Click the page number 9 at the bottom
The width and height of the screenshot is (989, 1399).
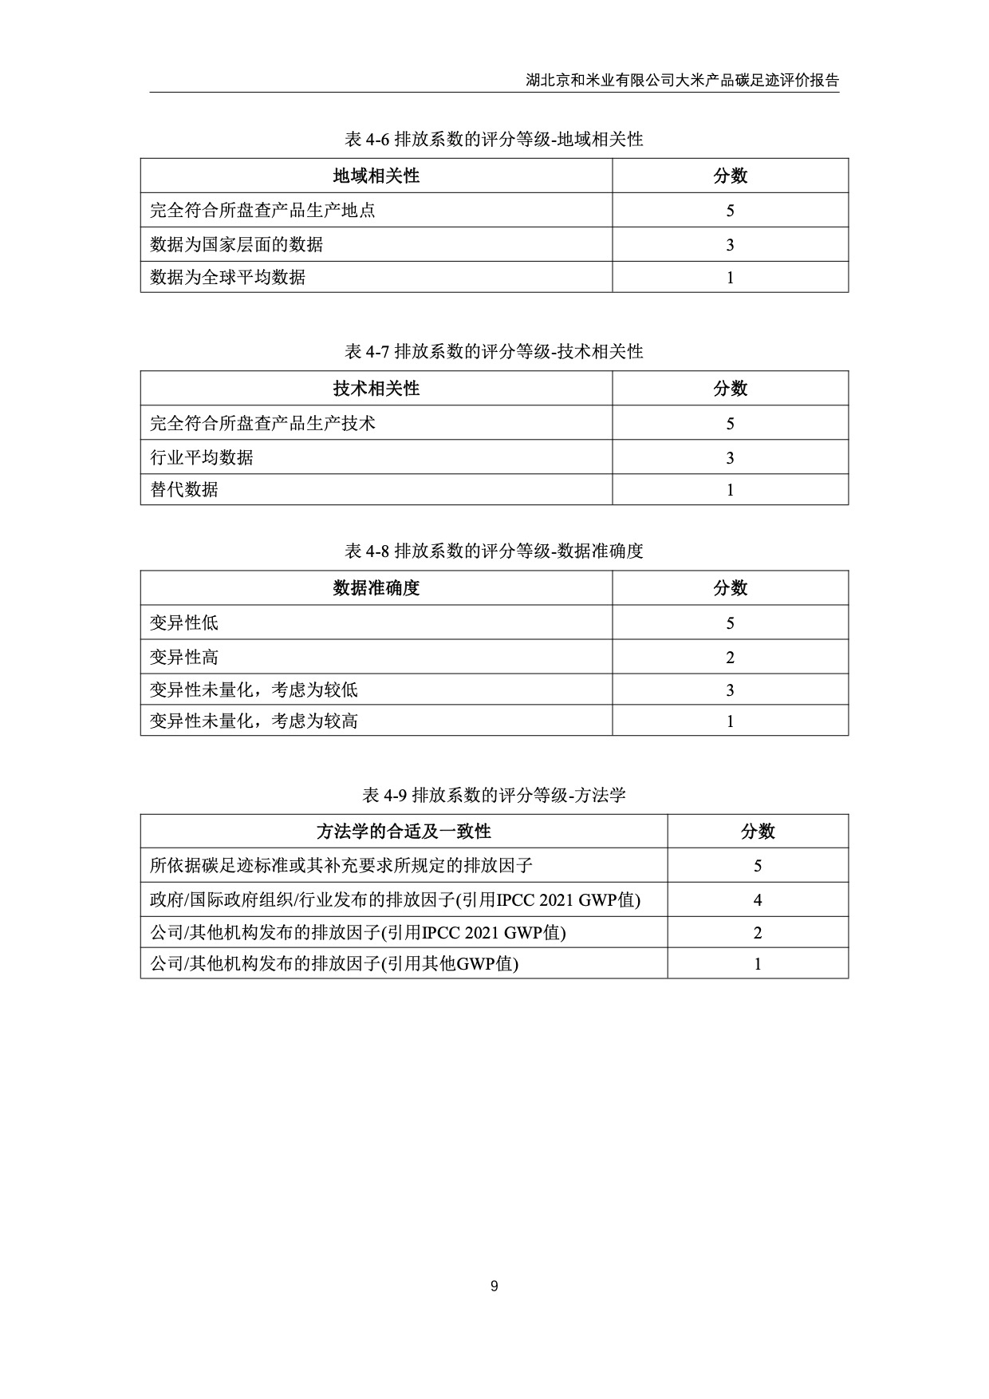click(x=494, y=1286)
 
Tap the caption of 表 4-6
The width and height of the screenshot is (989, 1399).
click(x=494, y=140)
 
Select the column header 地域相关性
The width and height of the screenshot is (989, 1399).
click(x=376, y=176)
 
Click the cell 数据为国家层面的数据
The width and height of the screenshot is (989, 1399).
click(x=237, y=244)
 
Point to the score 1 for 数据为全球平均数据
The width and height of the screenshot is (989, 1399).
click(x=730, y=278)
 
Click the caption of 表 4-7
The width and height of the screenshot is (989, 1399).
click(x=494, y=352)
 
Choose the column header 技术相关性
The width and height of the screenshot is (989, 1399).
click(x=376, y=389)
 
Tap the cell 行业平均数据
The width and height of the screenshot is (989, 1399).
click(x=202, y=457)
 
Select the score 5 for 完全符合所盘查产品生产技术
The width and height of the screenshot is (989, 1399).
click(x=730, y=424)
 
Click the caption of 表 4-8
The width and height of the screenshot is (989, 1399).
click(x=494, y=551)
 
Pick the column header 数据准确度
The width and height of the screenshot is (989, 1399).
click(x=376, y=588)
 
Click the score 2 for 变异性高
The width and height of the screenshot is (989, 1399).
click(x=730, y=658)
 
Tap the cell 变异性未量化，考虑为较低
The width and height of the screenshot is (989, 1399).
click(x=254, y=690)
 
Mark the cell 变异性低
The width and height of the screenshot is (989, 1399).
click(x=184, y=622)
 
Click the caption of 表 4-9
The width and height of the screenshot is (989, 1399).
click(x=494, y=795)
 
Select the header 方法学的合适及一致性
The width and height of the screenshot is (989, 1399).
click(x=404, y=832)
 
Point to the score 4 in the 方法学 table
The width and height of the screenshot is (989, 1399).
click(x=758, y=900)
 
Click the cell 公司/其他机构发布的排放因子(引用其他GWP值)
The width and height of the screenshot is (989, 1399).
click(x=334, y=963)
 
